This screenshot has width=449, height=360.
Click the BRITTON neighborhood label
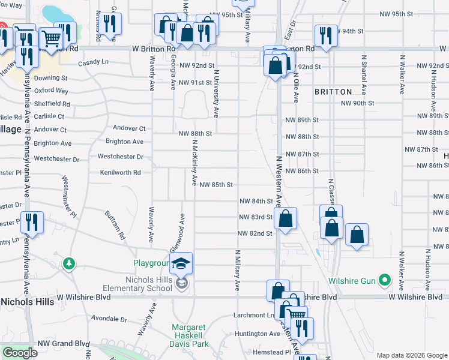[x=333, y=92]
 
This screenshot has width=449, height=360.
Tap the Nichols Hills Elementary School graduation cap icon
[x=180, y=263]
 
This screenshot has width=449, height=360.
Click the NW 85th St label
[x=215, y=185]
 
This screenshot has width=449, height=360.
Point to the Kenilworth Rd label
[x=120, y=172]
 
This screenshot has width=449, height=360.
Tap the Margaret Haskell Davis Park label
[x=189, y=336]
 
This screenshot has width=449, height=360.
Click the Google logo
[x=20, y=353]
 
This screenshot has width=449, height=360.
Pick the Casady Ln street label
[x=92, y=61]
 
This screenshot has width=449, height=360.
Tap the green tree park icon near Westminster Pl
[x=70, y=263]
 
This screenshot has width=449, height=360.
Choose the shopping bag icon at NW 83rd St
[x=287, y=219]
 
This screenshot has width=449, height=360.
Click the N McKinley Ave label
[x=194, y=163]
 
